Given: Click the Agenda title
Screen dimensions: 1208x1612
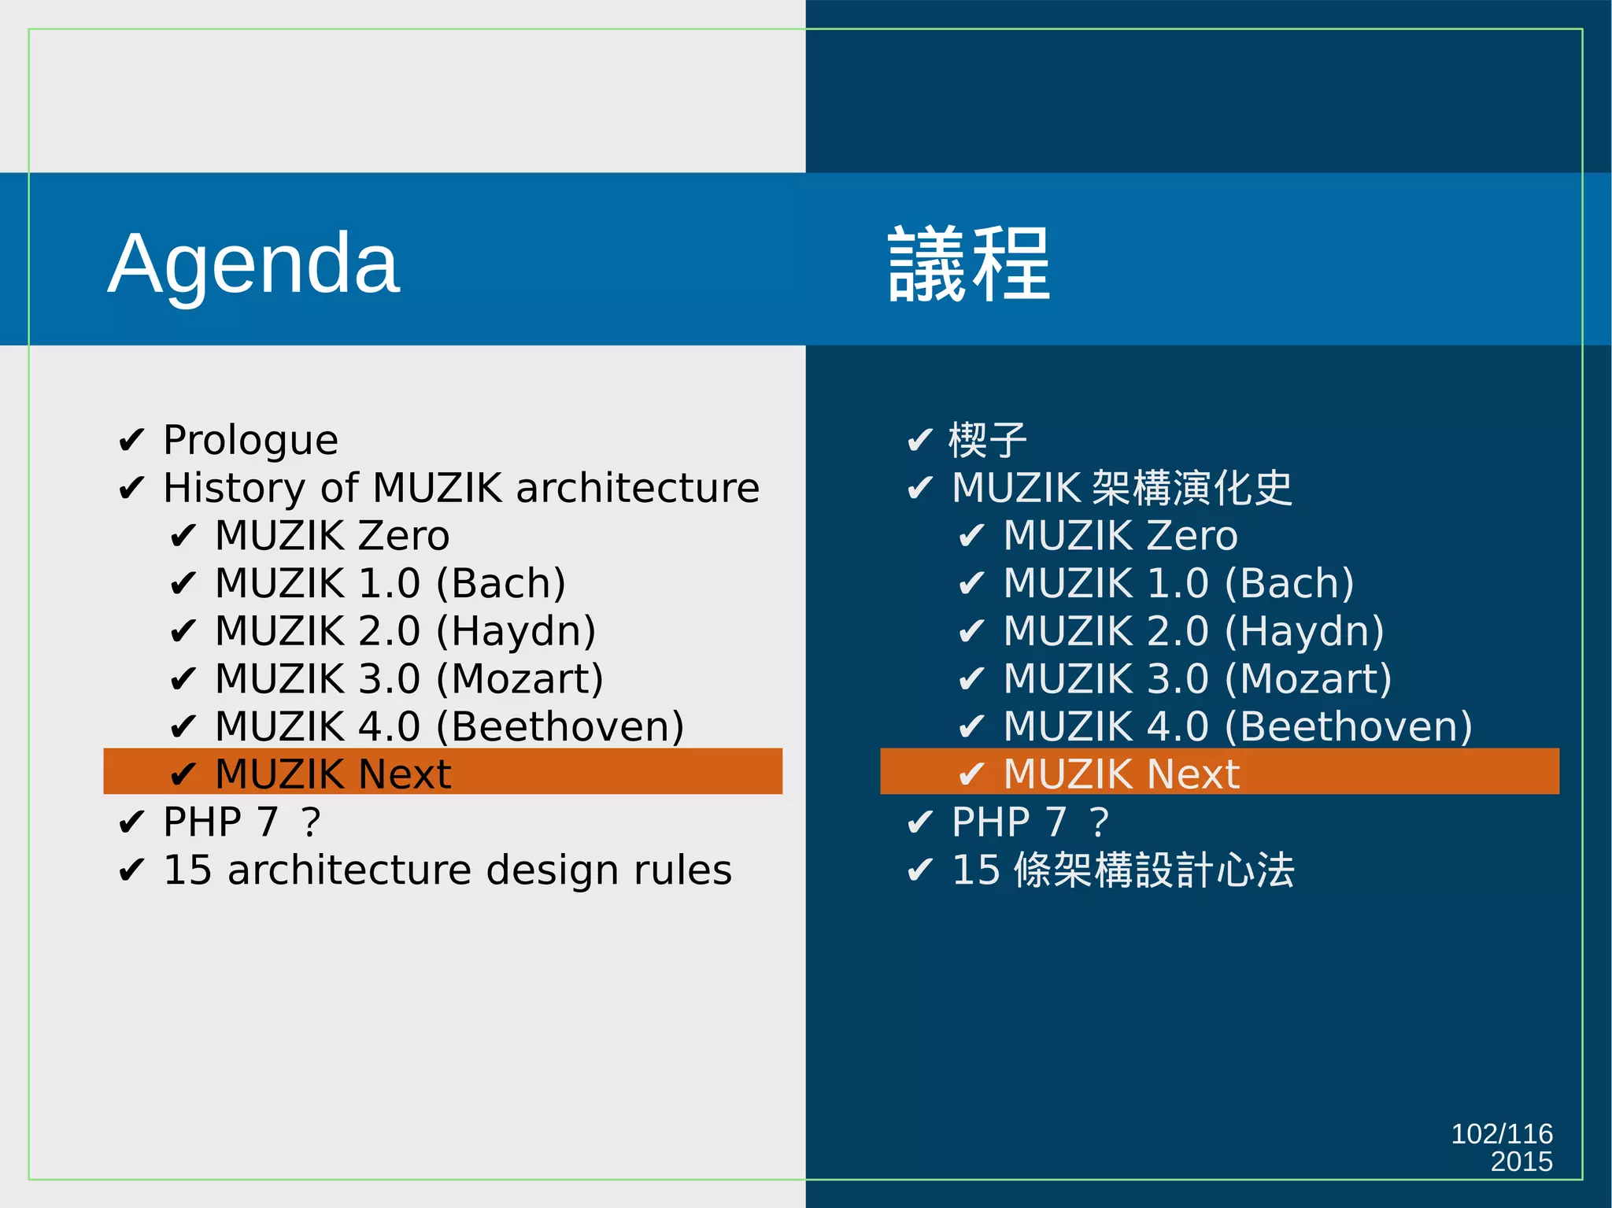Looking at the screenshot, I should point(253,264).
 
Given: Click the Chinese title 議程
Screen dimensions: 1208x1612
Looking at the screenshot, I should point(968,264).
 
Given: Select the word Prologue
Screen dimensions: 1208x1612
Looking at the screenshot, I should point(250,441).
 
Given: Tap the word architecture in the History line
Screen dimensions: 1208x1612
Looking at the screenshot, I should point(638,488).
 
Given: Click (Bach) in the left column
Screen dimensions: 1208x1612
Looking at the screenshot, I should point(501,584).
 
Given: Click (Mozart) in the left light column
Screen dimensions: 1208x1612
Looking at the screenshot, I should point(519,679).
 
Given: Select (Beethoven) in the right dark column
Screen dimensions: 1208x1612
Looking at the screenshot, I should point(1348,727).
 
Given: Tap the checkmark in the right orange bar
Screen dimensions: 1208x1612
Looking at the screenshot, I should point(971,775).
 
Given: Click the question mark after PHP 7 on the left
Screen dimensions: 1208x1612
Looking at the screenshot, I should point(311,823).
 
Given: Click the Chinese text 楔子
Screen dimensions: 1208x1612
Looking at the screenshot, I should point(988,441).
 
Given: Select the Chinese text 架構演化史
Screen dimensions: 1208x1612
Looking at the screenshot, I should point(1192,488).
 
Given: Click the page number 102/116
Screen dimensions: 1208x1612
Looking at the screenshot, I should point(1501,1133).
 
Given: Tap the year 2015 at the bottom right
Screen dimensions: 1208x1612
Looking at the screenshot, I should point(1521,1162).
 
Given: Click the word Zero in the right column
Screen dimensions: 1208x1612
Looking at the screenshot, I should point(1192,537).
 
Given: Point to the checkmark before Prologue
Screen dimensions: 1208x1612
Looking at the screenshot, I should point(131,441).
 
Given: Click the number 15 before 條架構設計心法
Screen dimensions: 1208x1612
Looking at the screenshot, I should point(976,870).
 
